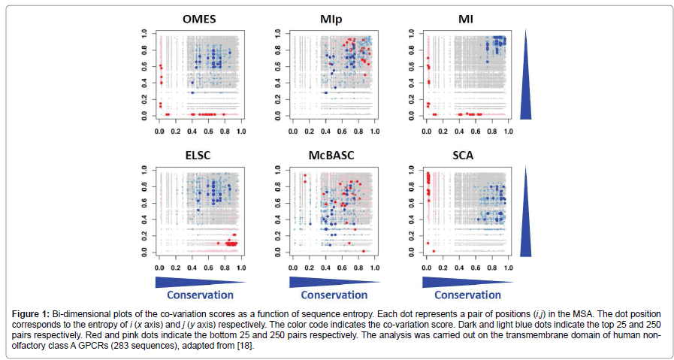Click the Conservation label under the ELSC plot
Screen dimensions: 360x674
pyautogui.click(x=200, y=295)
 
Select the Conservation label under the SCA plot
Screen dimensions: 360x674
pyautogui.click(x=467, y=295)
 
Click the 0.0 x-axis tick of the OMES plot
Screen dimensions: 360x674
pyautogui.click(x=159, y=132)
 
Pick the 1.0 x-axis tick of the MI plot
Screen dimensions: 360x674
pyautogui.click(x=508, y=132)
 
